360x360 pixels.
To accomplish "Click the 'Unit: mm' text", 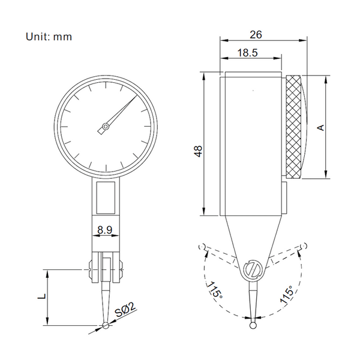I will click(49, 37).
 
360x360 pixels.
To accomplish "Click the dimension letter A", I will click(321, 127).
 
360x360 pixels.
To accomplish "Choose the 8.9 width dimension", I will click(106, 229).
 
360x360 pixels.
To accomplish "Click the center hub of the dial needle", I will click(106, 127).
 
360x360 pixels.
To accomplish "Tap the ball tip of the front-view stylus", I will click(106, 326).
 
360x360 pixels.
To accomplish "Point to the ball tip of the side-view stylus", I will click(253, 326).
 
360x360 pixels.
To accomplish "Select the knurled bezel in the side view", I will click(295, 127).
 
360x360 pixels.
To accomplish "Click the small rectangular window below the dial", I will click(106, 197).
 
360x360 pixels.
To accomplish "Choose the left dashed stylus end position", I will click(202, 246).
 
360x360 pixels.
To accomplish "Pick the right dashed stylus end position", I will click(304, 245).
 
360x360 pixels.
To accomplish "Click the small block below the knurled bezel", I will click(284, 198).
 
